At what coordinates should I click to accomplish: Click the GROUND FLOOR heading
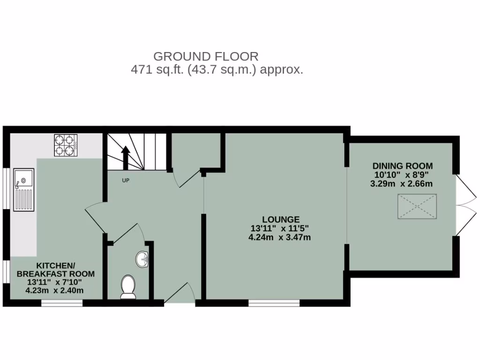click(206, 57)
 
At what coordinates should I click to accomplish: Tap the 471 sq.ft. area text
click(217, 70)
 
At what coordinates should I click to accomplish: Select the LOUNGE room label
click(281, 219)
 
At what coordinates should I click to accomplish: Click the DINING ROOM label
click(403, 166)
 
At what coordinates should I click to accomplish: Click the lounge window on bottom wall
click(274, 303)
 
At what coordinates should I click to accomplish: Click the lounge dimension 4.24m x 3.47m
click(280, 237)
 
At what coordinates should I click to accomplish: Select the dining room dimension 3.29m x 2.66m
click(401, 183)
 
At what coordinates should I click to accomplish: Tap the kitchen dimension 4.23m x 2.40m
click(54, 290)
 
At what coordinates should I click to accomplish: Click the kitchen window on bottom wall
click(62, 303)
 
